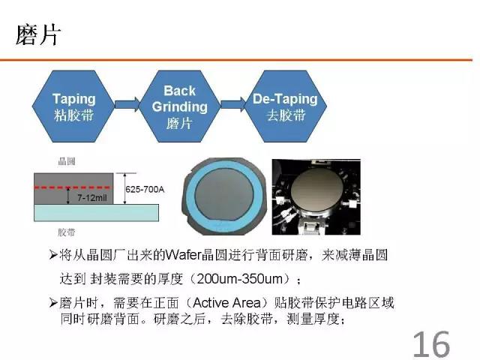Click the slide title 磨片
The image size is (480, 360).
38,35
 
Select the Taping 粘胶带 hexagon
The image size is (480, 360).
73,106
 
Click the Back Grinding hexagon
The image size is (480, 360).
180,106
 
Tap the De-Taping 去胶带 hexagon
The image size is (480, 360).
285,106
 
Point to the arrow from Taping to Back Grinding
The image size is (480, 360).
127,104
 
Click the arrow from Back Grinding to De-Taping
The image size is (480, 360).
233,104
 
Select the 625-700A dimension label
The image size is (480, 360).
145,190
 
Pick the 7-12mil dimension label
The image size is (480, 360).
91,198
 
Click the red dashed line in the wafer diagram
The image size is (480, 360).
73,187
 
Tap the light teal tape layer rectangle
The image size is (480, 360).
97,213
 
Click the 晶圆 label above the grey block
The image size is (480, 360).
67,161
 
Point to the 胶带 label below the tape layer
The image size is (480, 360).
67,232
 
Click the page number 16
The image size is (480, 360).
431,344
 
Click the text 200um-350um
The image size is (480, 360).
240,279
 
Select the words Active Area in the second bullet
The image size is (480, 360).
226,303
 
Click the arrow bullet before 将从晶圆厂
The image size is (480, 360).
53,255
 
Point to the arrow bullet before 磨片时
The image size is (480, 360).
53,303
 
